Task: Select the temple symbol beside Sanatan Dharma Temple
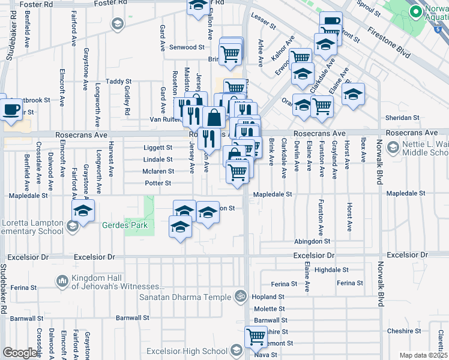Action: click(x=240, y=296)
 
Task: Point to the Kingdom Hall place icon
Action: click(x=62, y=281)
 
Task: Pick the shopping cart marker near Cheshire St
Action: click(x=256, y=337)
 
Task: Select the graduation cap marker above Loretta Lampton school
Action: click(x=83, y=211)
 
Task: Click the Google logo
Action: click(x=19, y=353)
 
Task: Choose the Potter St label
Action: click(x=158, y=183)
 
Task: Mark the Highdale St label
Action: click(x=331, y=270)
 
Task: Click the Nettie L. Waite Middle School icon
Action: click(x=393, y=147)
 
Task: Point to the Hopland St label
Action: click(x=268, y=297)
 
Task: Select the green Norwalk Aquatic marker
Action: click(x=415, y=11)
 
